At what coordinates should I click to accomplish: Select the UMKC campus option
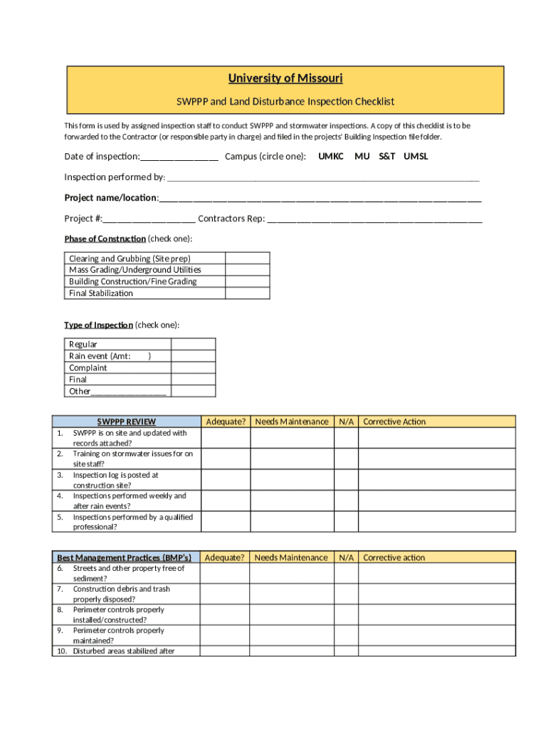pyautogui.click(x=330, y=156)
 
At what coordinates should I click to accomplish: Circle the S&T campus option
pyautogui.click(x=386, y=156)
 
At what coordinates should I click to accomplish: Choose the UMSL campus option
pyautogui.click(x=416, y=156)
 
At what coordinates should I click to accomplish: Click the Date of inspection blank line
pyautogui.click(x=179, y=157)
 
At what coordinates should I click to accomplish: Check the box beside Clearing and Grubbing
pyautogui.click(x=247, y=258)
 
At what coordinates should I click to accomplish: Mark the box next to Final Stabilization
pyautogui.click(x=247, y=293)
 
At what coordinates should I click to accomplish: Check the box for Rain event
pyautogui.click(x=193, y=356)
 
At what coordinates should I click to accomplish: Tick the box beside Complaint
pyautogui.click(x=193, y=368)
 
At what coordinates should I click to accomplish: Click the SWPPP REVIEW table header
pyautogui.click(x=126, y=421)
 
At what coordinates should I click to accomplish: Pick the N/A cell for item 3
pyautogui.click(x=346, y=480)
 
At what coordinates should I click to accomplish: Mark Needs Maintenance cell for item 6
pyautogui.click(x=292, y=573)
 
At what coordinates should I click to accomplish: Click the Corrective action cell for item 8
pyautogui.click(x=436, y=614)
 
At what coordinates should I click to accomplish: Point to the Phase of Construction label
pyautogui.click(x=105, y=238)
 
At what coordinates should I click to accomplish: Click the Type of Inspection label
pyautogui.click(x=98, y=325)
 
